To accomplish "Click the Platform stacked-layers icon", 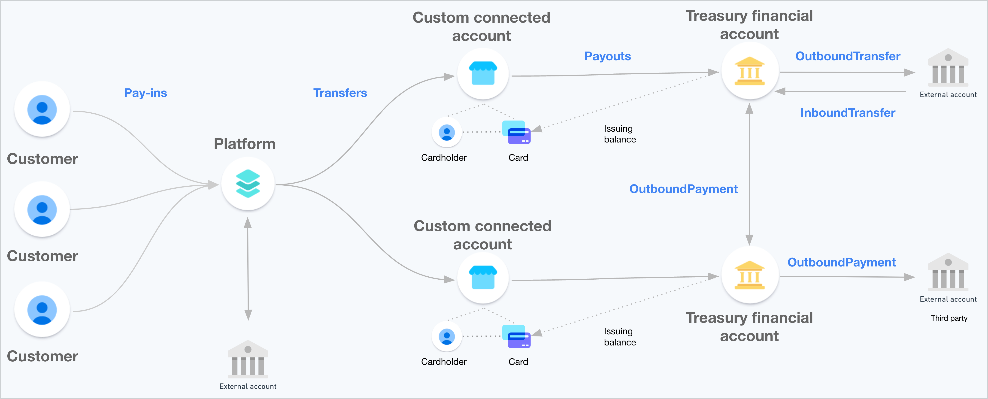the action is (x=248, y=184).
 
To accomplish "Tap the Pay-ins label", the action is (x=145, y=93).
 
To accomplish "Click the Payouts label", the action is (x=608, y=56).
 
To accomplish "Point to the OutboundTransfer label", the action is (x=848, y=56).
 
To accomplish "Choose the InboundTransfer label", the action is (x=848, y=113).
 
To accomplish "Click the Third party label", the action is (x=949, y=318).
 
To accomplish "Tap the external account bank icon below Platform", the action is (x=248, y=359).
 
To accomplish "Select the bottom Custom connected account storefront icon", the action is (x=483, y=277).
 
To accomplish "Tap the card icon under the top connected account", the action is (x=516, y=132).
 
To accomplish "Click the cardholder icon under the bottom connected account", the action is (x=447, y=336).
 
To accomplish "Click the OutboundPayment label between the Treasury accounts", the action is (x=683, y=189).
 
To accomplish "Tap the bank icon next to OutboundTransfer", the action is (x=948, y=67).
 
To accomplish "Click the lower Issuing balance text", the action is (x=620, y=337).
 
